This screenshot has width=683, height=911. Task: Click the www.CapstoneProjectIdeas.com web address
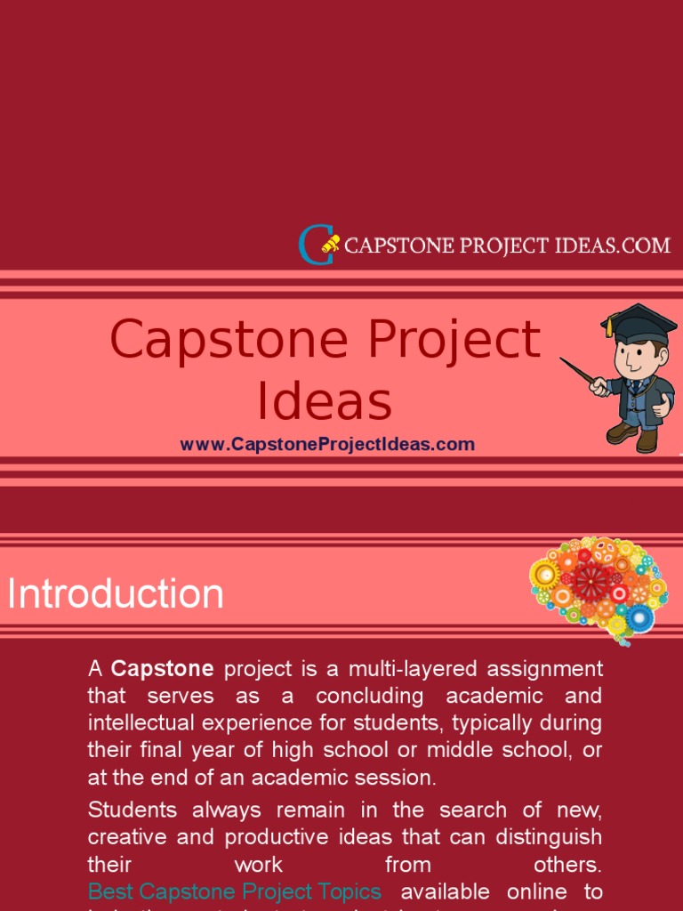tap(327, 444)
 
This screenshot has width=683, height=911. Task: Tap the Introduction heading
tap(116, 594)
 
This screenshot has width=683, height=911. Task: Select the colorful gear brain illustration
tap(598, 586)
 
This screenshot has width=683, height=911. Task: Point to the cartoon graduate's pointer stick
tap(582, 373)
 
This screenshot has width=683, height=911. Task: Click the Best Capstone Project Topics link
tap(235, 891)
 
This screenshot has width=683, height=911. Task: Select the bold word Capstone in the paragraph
tap(163, 668)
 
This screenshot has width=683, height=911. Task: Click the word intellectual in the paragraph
tap(141, 722)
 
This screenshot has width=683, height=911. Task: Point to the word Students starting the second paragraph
tap(132, 810)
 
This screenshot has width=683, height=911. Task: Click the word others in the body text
tap(567, 865)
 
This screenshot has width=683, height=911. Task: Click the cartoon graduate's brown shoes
tap(633, 435)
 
